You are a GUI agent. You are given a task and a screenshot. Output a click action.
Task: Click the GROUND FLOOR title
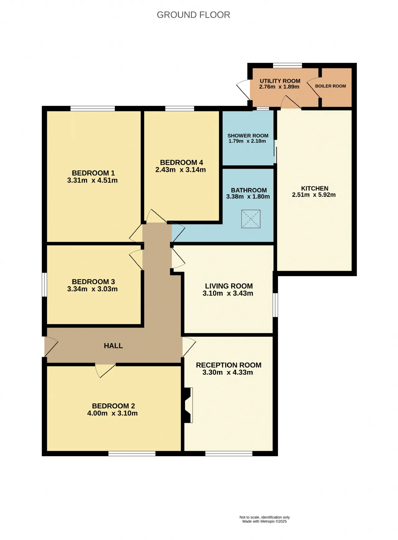[193, 15]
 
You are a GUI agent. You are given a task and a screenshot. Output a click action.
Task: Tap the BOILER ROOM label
[331, 86]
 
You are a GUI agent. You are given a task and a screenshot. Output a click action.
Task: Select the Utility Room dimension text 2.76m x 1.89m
[279, 87]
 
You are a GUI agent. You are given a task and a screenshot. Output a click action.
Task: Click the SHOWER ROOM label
[248, 136]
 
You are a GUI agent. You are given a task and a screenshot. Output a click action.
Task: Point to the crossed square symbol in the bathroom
[251, 219]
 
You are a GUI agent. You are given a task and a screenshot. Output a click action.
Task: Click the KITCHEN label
[315, 188]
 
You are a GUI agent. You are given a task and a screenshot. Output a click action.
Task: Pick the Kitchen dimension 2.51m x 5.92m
[314, 195]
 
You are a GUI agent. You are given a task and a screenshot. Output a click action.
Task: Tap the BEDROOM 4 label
[182, 162]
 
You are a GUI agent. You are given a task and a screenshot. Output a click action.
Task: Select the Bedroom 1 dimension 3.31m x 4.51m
[92, 181]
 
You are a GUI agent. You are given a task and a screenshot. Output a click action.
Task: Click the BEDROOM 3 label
[93, 282]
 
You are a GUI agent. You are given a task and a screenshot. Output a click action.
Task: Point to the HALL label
[113, 346]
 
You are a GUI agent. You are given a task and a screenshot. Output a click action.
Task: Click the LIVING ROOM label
[229, 286]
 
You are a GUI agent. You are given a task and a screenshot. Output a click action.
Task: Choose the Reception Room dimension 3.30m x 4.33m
[228, 373]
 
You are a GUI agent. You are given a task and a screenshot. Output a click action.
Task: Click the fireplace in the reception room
[188, 405]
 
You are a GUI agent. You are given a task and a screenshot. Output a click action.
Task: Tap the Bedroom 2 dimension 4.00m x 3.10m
[112, 413]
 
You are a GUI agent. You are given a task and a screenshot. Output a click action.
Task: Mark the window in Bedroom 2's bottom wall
[132, 454]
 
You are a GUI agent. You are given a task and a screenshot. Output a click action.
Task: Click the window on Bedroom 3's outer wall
[44, 285]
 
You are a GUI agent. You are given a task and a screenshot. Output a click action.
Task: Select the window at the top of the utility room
[287, 65]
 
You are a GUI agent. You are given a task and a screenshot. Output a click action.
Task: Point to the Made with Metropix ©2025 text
[265, 521]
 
